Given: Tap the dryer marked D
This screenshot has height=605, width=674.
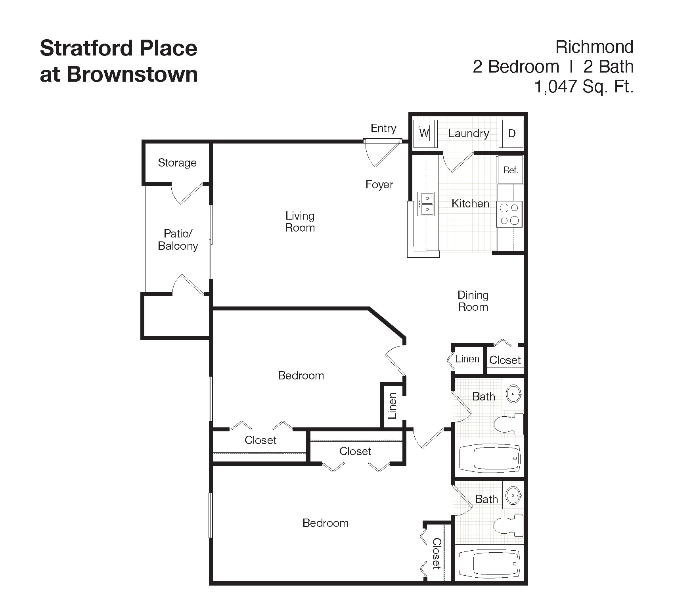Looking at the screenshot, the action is [511, 134].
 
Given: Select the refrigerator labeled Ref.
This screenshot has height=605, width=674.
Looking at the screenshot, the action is [510, 170].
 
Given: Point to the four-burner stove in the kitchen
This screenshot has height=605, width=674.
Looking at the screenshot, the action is [509, 214].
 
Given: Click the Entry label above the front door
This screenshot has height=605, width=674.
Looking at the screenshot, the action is [383, 128].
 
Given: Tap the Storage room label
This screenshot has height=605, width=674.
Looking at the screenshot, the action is [177, 163].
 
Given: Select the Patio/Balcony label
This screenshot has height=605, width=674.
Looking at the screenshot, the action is [178, 239].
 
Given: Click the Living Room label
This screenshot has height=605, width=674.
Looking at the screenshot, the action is [300, 222].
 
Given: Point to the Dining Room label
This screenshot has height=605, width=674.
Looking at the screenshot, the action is [473, 301].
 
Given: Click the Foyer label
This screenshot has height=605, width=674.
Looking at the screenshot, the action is [379, 185].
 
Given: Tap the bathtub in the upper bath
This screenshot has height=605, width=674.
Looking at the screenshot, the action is [490, 458].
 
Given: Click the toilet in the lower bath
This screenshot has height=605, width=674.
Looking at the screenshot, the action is [509, 525].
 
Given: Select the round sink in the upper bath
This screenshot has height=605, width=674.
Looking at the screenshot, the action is [514, 394].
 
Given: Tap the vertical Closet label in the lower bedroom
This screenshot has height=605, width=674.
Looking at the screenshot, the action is [437, 554].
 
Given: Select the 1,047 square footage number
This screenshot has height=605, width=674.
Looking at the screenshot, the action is [555, 87].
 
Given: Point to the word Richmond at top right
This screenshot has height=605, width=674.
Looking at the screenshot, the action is [594, 47].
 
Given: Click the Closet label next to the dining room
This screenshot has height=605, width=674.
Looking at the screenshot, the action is [505, 360].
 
